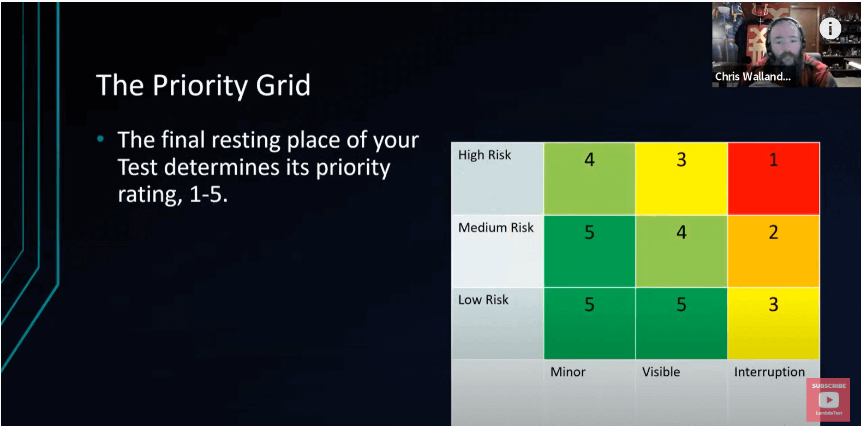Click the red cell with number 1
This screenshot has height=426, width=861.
773,178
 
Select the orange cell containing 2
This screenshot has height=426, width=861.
773,251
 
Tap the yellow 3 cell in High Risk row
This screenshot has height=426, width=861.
681,178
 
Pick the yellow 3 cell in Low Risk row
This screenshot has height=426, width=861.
773,323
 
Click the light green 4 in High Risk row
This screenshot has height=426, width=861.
589,178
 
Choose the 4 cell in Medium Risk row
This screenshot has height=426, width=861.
681,251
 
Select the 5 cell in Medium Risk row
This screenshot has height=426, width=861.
589,251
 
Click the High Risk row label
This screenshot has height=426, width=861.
485,156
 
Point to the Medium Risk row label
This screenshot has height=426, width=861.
495,228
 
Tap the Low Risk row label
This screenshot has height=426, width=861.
483,300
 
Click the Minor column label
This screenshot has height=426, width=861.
567,372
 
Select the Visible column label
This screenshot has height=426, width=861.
661,372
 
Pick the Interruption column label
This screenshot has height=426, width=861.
769,372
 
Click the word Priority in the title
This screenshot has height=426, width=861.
200,86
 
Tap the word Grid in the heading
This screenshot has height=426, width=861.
283,86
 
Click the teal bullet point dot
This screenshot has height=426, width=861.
100,139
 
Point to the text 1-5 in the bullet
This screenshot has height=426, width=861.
208,194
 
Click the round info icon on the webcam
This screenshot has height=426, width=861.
830,28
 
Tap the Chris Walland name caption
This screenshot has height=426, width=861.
752,76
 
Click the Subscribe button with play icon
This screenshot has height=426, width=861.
828,399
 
